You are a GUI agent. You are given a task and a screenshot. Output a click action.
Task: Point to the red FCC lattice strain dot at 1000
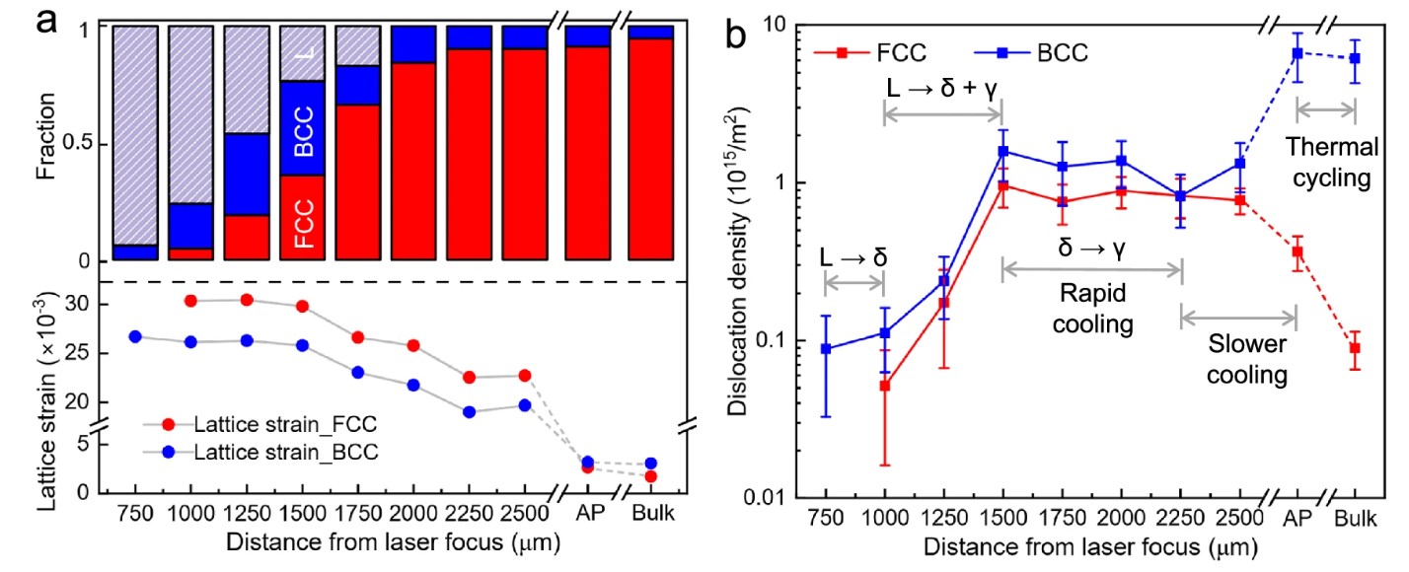(x=191, y=301)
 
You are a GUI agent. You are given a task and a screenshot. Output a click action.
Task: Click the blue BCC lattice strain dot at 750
(x=135, y=336)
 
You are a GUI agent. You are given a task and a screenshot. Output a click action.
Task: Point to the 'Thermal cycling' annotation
(x=1331, y=162)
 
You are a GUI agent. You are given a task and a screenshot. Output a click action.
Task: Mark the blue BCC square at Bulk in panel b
(x=1355, y=58)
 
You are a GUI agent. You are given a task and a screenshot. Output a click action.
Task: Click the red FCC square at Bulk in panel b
(x=1355, y=348)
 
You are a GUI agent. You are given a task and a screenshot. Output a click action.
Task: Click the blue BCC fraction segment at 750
(x=135, y=252)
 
